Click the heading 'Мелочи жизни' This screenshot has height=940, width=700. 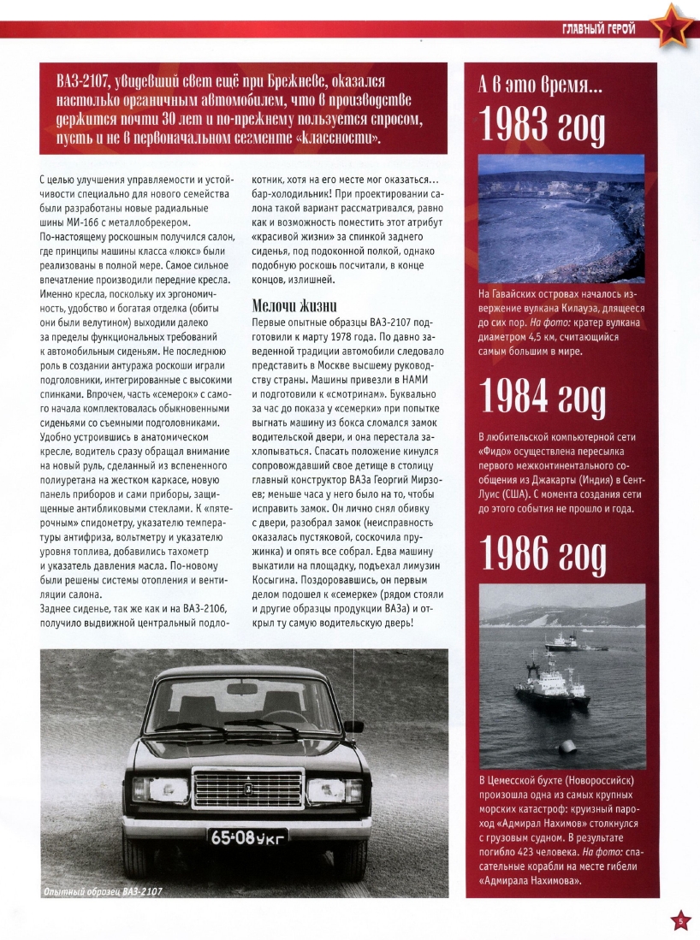tap(296, 305)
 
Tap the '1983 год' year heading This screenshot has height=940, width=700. tap(543, 126)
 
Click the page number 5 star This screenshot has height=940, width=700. tap(680, 920)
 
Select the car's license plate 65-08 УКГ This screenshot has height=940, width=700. tap(247, 837)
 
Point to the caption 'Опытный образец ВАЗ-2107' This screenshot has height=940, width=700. tap(103, 891)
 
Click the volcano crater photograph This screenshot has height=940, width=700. tap(561, 218)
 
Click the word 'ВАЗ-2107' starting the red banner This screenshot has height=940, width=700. tap(85, 82)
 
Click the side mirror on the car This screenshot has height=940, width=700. tap(353, 727)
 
